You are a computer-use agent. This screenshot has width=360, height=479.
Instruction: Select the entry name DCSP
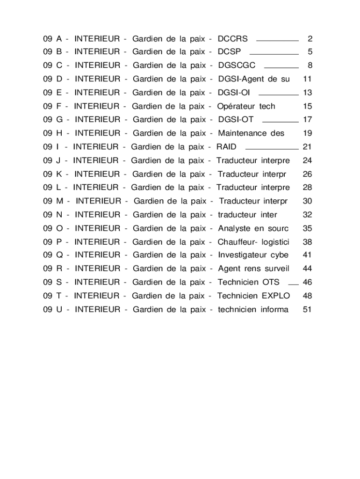230,52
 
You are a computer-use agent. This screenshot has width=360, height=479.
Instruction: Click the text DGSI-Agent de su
254,79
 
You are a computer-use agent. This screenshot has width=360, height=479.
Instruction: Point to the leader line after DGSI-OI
278,94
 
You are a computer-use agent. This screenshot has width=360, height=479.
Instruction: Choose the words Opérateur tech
246,106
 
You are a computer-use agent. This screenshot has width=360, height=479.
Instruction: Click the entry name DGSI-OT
236,120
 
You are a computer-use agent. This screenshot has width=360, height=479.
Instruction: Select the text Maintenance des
251,133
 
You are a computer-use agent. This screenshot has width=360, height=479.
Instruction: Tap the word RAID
226,147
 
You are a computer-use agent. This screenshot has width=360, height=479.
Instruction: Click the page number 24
307,160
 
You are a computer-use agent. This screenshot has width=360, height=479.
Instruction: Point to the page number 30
307,201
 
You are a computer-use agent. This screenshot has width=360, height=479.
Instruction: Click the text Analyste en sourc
253,228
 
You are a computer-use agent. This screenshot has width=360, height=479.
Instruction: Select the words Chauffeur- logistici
253,242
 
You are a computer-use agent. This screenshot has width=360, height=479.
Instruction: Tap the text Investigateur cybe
253,255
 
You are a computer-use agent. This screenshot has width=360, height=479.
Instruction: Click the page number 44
307,269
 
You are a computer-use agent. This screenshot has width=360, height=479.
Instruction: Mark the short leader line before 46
293,284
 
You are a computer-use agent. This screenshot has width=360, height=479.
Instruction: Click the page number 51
307,309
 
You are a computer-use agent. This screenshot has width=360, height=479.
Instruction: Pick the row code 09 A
52,38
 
